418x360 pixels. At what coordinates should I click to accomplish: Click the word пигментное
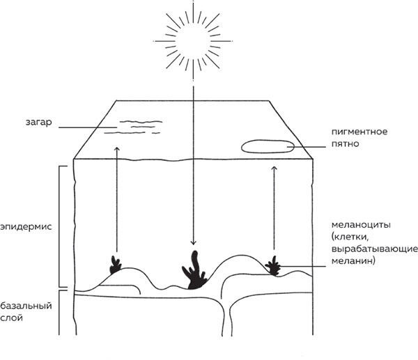[x=358, y=132]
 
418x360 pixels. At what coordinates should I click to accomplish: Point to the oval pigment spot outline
[x=268, y=146]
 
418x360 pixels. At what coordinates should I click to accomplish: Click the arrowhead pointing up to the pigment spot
[x=274, y=167]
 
